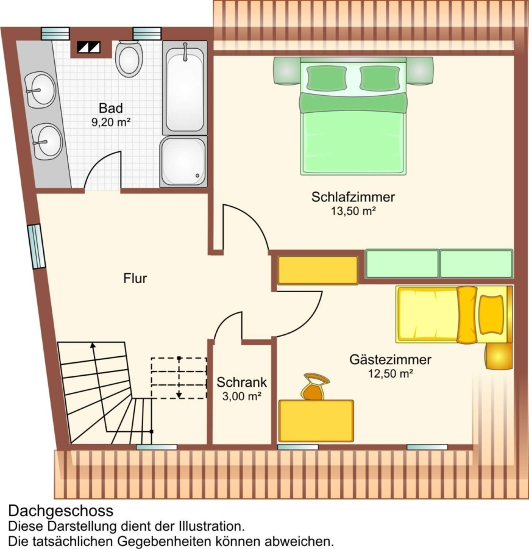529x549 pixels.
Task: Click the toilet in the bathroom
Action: [x=129, y=58]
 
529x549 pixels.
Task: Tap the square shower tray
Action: [x=183, y=162]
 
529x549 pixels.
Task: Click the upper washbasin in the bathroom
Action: [x=40, y=90]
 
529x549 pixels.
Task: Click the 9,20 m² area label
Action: [x=111, y=122]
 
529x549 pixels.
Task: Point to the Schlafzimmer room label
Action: [x=353, y=197]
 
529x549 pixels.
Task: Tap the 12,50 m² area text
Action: [x=391, y=373]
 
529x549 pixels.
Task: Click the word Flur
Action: [x=135, y=278]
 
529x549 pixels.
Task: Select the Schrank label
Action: [x=241, y=382]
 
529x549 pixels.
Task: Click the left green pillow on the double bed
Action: [x=327, y=77]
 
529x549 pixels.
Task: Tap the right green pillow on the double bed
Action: [x=380, y=77]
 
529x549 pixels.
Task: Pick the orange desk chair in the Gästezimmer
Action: [x=315, y=387]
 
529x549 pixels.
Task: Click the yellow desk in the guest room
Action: [x=316, y=421]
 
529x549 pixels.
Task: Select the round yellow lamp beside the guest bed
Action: [x=499, y=356]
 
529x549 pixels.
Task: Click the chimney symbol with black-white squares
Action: [x=88, y=47]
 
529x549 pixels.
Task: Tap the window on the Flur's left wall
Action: [x=37, y=246]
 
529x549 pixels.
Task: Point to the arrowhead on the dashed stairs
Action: [x=179, y=395]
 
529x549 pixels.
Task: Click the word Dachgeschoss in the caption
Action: [x=61, y=511]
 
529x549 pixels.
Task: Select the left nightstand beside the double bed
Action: [x=286, y=71]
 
